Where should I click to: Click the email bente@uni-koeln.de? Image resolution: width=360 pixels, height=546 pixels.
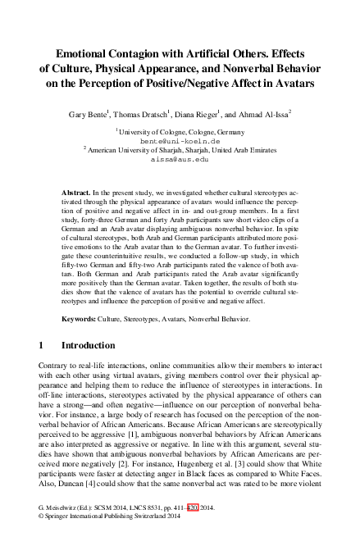coord(180,140)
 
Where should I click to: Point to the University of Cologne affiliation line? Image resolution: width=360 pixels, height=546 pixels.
coord(180,130)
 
